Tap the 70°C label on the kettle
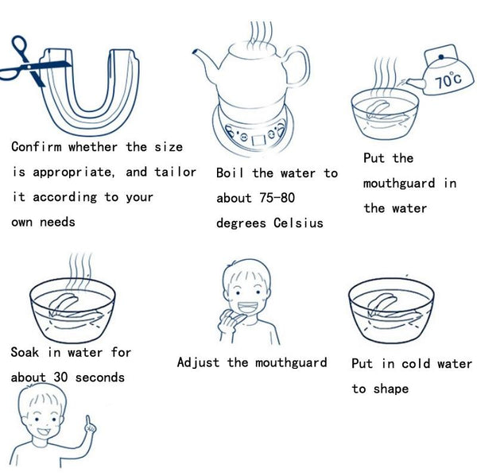coord(448,79)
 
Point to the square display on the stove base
coord(259,140)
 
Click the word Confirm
coord(37,146)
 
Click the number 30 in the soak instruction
coord(60,377)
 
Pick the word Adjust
coord(198,362)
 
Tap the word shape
coord(391,389)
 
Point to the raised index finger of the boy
coord(88,422)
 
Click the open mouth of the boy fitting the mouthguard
coord(247,307)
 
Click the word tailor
coord(175,172)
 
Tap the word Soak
coord(25,352)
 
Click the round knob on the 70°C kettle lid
coord(440,56)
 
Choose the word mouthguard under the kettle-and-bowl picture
coord(399,184)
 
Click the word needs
coord(57,222)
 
